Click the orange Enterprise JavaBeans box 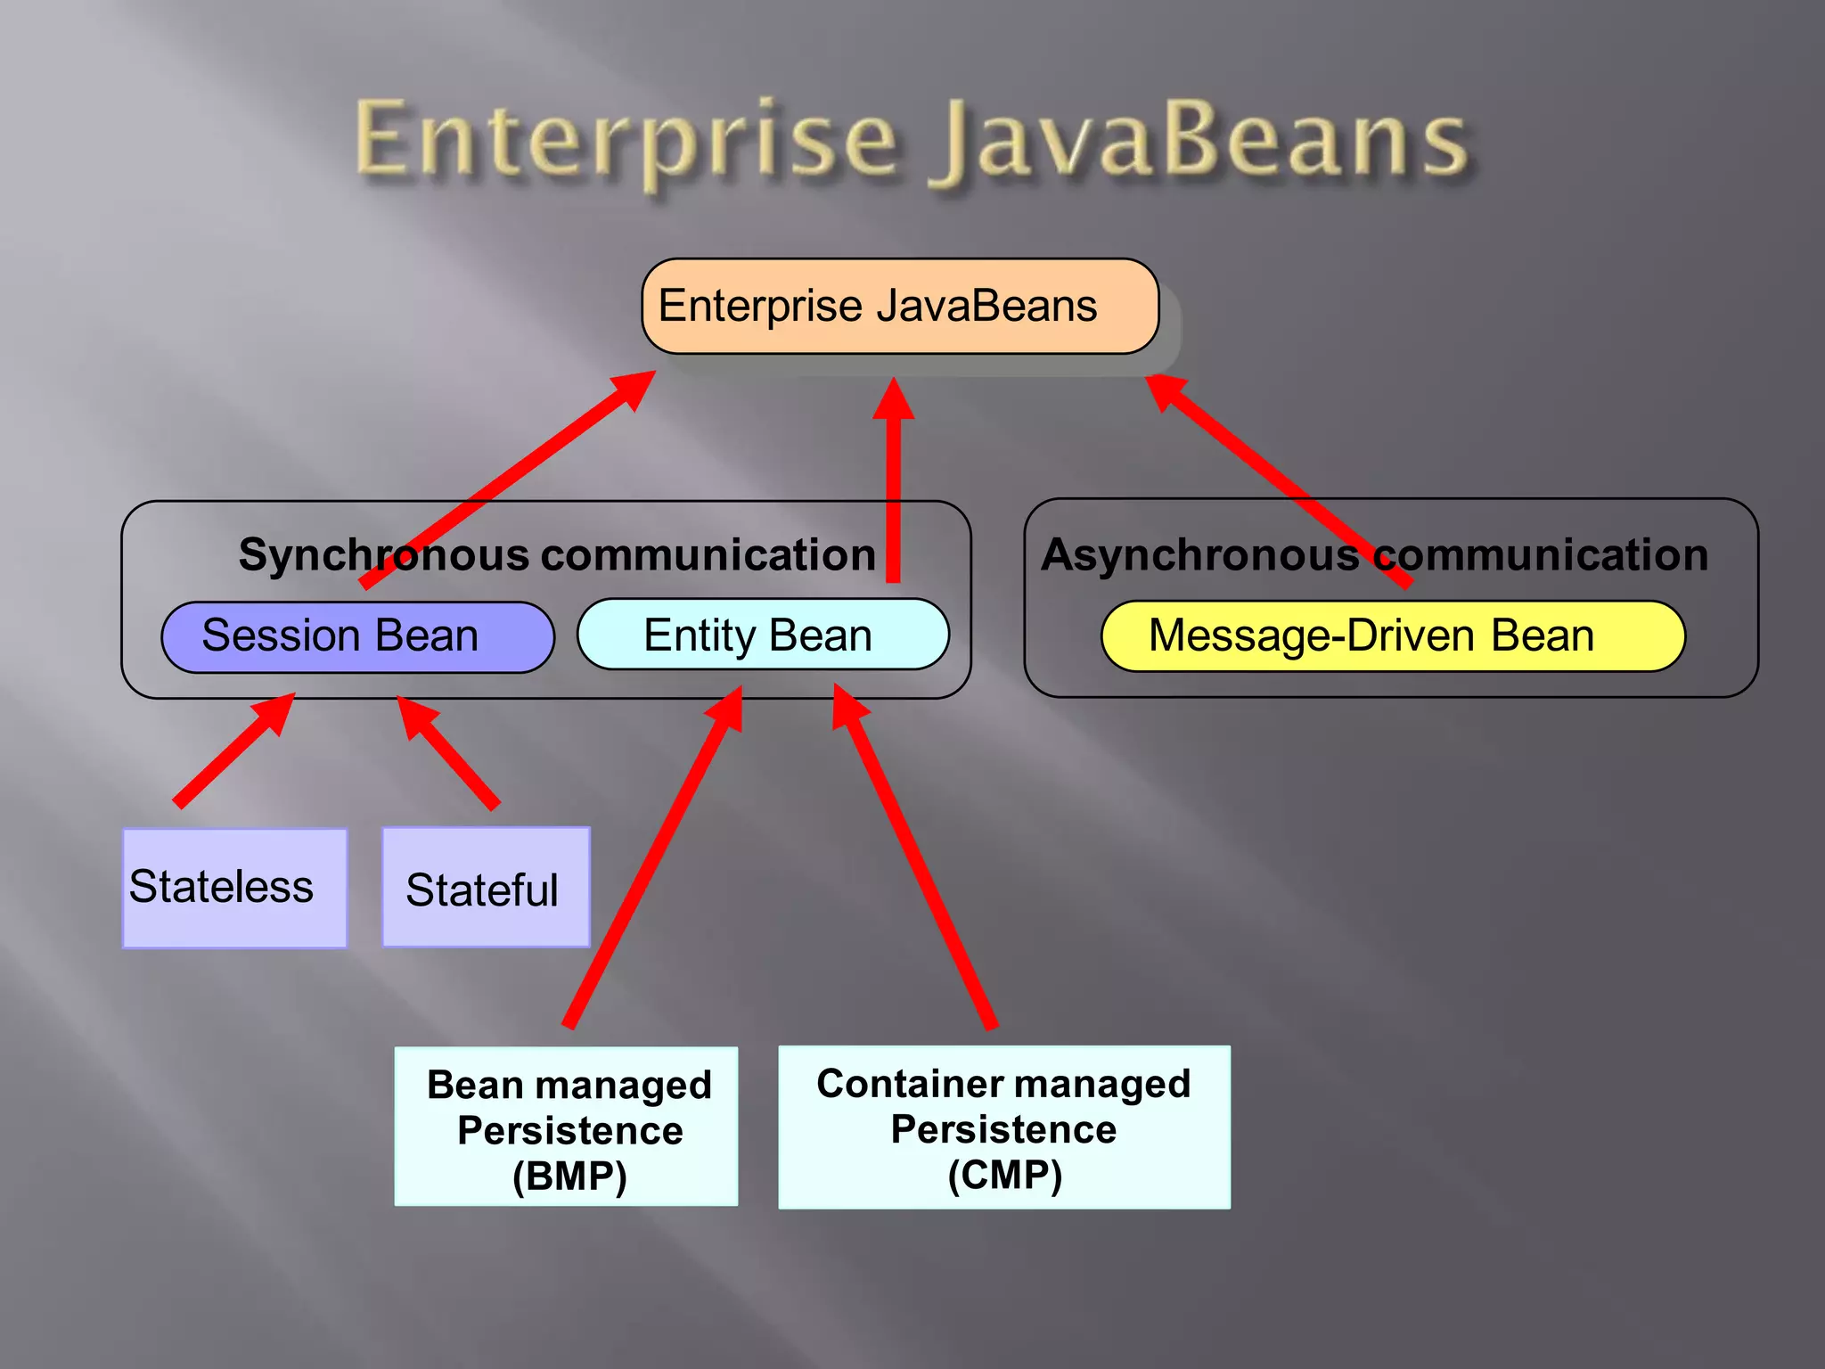pyautogui.click(x=900, y=306)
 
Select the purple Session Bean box pyautogui.click(x=357, y=636)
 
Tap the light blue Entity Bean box pyautogui.click(x=763, y=635)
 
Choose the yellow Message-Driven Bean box pyautogui.click(x=1392, y=635)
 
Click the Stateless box pyautogui.click(x=234, y=888)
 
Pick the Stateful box pyautogui.click(x=486, y=888)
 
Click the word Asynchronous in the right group pyautogui.click(x=1199, y=555)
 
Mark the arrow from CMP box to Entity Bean pyautogui.click(x=913, y=860)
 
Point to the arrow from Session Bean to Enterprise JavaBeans pyautogui.click(x=508, y=481)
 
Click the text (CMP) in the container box pyautogui.click(x=1004, y=1175)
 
